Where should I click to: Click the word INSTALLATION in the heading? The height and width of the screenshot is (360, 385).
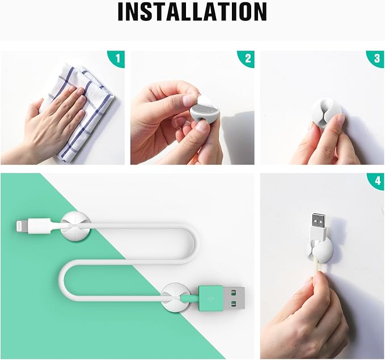click(x=192, y=11)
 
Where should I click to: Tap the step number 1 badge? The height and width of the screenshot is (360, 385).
click(x=118, y=58)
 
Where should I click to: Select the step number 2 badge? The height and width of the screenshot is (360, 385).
click(x=247, y=58)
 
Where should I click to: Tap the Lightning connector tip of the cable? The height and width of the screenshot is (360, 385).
click(x=22, y=226)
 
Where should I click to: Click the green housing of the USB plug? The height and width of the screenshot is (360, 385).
click(x=211, y=298)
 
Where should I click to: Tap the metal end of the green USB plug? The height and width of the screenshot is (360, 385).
click(x=234, y=298)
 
